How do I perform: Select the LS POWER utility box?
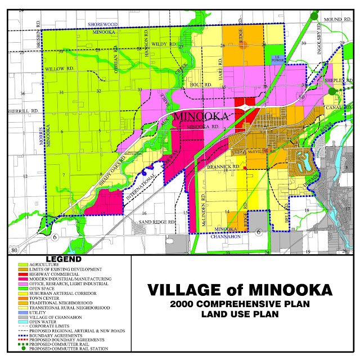(x=275, y=58)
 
